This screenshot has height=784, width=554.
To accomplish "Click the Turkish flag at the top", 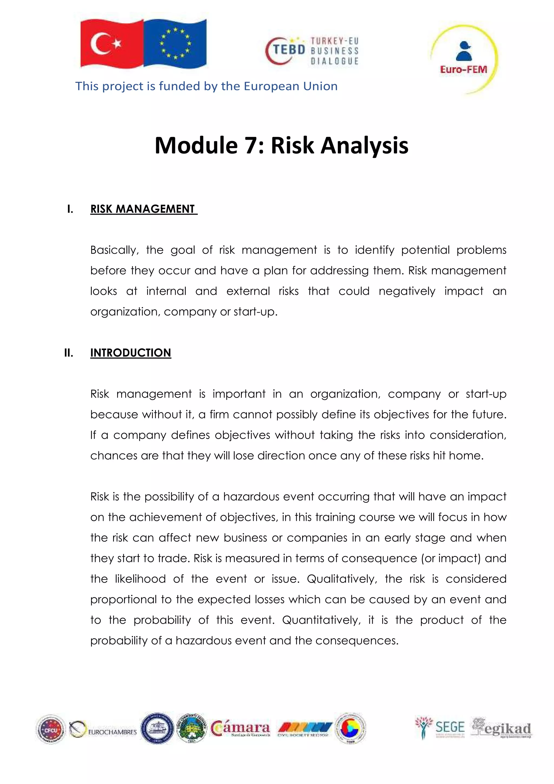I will (x=111, y=44).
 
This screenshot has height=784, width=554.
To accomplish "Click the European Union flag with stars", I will (x=175, y=43).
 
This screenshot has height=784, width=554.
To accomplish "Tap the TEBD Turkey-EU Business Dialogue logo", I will (x=312, y=51).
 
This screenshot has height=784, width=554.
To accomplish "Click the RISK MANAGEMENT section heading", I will (x=143, y=209).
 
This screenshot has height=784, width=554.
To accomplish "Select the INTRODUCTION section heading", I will (x=131, y=353).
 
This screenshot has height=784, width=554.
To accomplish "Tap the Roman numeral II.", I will (x=68, y=353).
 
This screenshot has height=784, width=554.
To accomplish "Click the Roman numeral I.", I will (x=70, y=209).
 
